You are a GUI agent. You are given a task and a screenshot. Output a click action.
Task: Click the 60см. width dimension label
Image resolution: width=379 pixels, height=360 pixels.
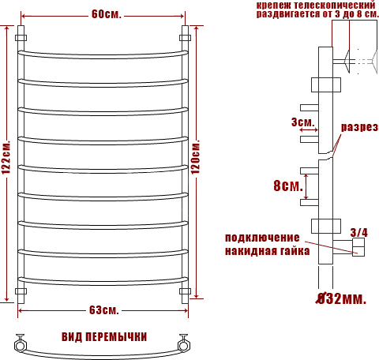click(107, 14)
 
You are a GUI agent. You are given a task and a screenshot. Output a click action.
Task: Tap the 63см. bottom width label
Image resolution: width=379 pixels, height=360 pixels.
click(104, 310)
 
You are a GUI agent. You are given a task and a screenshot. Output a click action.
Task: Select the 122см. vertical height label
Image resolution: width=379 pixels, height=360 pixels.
click(6, 157)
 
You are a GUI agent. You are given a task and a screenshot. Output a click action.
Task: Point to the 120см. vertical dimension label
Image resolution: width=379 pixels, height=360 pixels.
click(195, 157)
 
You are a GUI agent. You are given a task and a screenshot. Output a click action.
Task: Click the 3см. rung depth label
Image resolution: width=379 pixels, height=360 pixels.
click(303, 122)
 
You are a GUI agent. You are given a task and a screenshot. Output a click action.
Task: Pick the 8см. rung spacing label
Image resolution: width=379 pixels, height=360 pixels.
click(288, 186)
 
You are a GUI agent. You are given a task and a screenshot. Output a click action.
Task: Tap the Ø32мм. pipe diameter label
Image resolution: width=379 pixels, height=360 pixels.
click(341, 298)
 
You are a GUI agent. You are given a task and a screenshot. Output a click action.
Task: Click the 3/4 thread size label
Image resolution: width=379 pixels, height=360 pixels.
click(358, 232)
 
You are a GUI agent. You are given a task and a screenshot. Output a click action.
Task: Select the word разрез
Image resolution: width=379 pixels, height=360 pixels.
click(359, 127)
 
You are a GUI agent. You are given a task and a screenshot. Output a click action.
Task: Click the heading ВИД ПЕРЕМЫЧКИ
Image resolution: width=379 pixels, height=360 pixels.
click(104, 337)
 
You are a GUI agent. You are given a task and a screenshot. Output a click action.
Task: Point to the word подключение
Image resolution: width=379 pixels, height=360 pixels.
click(262, 238)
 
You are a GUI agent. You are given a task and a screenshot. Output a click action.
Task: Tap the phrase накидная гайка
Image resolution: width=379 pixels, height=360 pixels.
click(267, 251)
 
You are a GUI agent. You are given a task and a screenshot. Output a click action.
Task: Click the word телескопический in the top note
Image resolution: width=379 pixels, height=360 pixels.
click(334, 5)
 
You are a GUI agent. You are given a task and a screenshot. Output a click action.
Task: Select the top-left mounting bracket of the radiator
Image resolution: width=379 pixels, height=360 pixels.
click(21, 38)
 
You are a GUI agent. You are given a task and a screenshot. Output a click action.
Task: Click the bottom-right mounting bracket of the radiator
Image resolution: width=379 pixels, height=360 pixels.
click(185, 291)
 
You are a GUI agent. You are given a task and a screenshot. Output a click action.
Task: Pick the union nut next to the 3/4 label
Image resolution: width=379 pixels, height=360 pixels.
click(358, 247)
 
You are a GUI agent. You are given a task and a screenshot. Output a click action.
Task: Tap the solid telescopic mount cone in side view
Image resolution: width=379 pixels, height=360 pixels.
click(347, 62)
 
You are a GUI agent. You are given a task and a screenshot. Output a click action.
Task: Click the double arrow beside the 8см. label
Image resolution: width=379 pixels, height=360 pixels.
click(306, 186)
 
